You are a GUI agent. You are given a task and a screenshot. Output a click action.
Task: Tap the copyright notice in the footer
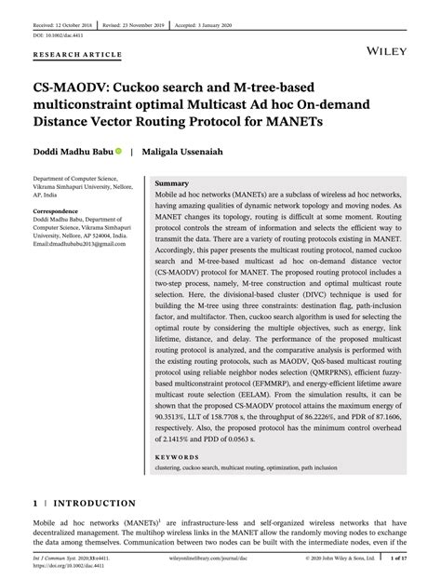[343, 560]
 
